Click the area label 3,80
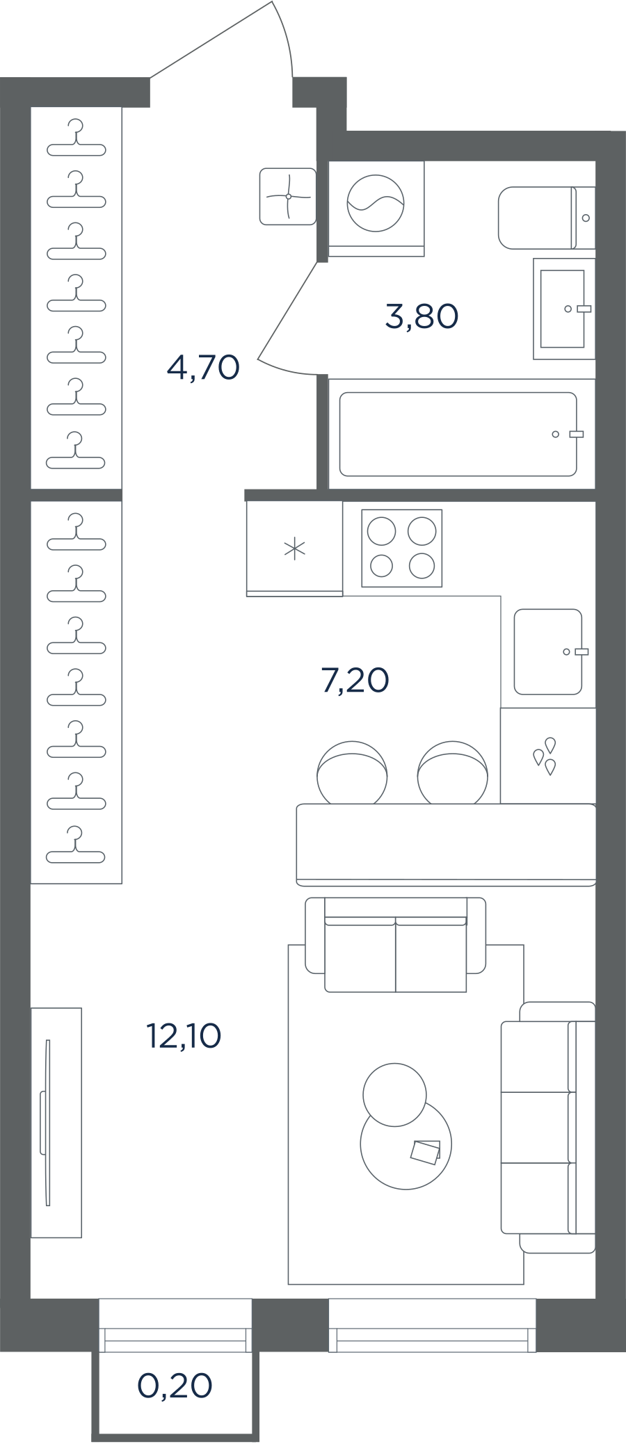(422, 317)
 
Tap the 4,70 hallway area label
(203, 367)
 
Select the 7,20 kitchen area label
(355, 680)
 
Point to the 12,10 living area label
(184, 1036)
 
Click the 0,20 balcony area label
(175, 1386)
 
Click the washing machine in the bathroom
(376, 209)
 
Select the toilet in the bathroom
(547, 218)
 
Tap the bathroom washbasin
(564, 309)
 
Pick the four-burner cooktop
(402, 549)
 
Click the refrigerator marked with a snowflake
(295, 549)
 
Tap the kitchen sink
(548, 652)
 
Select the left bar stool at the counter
(352, 772)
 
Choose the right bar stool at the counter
(453, 772)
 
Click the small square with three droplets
(548, 756)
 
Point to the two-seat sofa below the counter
(396, 945)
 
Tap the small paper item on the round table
(425, 1152)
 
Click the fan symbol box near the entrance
(288, 197)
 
